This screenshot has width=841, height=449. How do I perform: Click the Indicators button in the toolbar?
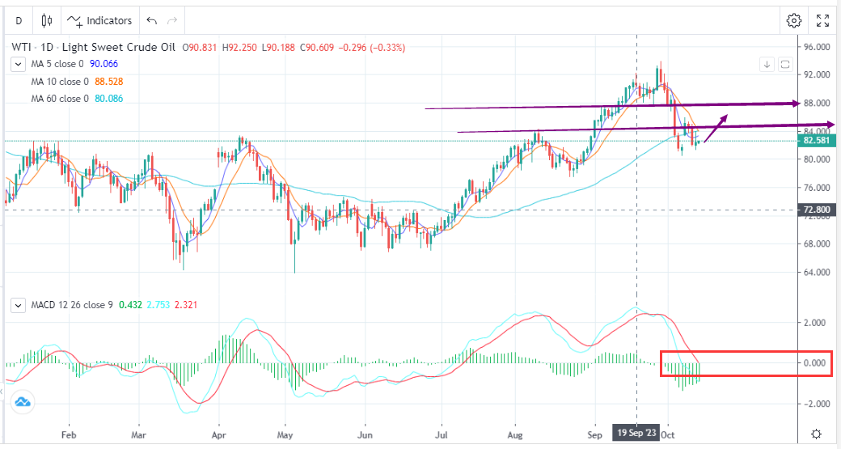tap(100, 20)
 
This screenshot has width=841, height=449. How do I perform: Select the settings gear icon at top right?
tap(794, 20)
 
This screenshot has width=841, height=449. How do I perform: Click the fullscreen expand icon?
tap(822, 20)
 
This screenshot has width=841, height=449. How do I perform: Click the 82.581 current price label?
tap(818, 141)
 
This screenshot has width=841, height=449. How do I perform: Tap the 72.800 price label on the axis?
tap(818, 210)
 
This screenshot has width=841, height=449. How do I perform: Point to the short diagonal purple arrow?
tap(716, 129)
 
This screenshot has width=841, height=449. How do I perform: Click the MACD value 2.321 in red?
tap(184, 305)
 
